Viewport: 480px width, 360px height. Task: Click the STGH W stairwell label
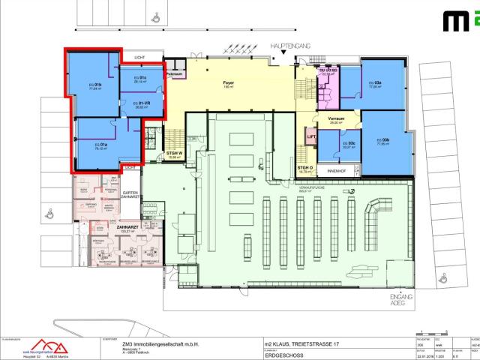[175, 155]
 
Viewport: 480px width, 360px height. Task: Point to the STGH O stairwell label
[304, 169]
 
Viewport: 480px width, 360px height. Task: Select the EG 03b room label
[385, 141]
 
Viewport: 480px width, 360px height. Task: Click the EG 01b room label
[95, 85]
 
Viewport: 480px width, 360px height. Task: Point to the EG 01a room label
[99, 145]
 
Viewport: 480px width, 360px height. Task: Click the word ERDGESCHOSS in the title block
[285, 355]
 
